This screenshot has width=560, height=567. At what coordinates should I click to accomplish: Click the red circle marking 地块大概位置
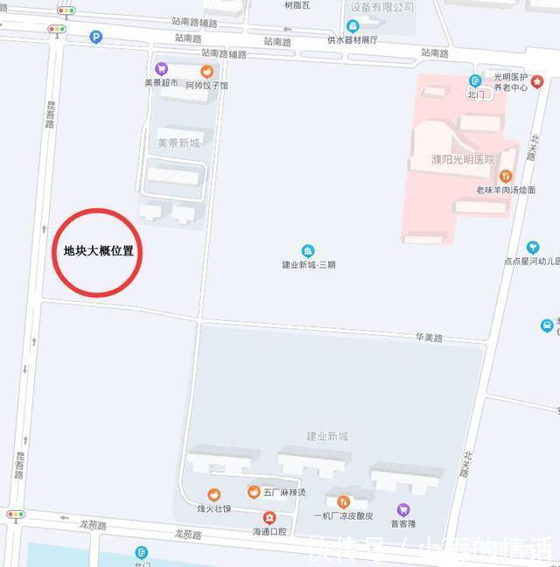point(98,252)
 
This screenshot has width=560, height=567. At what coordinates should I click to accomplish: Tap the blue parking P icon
point(95,37)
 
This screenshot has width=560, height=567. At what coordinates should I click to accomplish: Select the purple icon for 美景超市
point(161,68)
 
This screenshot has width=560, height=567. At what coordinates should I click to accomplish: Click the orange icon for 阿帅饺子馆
point(207,72)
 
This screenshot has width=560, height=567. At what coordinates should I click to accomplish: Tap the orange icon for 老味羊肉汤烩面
point(506,176)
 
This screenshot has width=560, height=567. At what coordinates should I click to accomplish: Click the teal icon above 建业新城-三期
point(307,251)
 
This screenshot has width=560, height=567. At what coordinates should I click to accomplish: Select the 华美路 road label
point(429,337)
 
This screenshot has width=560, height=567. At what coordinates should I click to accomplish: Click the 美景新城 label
point(178,143)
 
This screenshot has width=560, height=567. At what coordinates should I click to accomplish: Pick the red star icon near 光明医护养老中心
point(536,81)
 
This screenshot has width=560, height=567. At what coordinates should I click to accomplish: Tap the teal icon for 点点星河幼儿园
point(532,248)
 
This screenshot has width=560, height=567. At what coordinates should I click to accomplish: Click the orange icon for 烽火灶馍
point(213,495)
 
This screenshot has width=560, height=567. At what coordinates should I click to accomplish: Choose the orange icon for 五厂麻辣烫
point(254,492)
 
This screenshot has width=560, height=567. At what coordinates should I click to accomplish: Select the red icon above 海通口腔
point(269,518)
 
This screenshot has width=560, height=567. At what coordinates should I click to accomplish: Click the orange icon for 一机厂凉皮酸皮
point(343,502)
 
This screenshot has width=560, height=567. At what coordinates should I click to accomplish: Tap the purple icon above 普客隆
point(403,510)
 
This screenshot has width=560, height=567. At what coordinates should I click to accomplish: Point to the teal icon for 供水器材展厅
point(352,26)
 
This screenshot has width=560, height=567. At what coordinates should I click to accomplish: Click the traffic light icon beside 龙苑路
point(16,514)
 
